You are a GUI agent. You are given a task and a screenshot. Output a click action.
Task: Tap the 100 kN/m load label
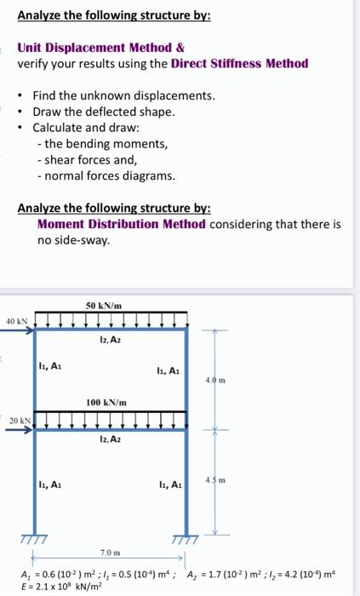click(x=106, y=402)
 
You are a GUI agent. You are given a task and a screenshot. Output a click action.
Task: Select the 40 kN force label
click(x=16, y=321)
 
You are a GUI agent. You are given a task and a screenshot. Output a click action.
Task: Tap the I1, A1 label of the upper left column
click(x=49, y=367)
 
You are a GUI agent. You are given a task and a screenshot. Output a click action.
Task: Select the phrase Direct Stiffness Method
click(x=239, y=64)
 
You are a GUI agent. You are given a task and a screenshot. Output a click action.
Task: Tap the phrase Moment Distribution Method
click(x=121, y=224)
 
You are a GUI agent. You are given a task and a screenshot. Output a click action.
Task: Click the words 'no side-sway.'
click(x=73, y=240)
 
